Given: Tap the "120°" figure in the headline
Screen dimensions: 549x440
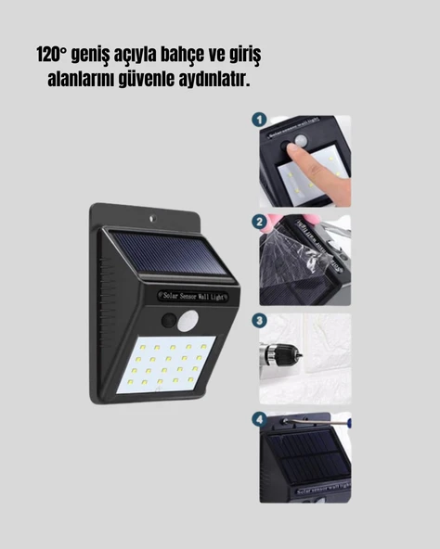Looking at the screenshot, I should pos(53,56).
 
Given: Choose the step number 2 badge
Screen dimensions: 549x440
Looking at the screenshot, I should pos(260,223).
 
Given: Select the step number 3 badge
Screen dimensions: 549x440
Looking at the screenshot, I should pos(260,321).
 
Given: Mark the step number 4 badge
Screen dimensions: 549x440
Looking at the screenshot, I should pos(260,419).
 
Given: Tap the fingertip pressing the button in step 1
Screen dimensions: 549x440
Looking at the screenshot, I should pos(300,148).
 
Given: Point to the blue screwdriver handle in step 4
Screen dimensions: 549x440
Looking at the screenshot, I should pos(345,421).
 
